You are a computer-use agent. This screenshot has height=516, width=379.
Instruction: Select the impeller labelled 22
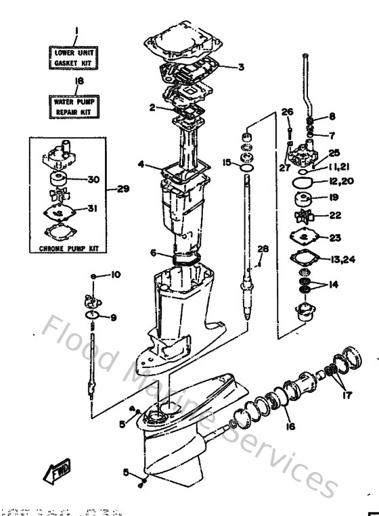tap(303, 216)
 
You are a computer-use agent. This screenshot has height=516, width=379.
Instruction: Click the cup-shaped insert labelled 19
tap(302, 200)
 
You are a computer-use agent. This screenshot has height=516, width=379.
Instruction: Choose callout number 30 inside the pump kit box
tap(93, 179)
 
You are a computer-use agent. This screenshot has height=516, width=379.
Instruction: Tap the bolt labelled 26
tap(289, 131)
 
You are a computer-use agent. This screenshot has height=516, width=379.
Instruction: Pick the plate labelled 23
tap(303, 237)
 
